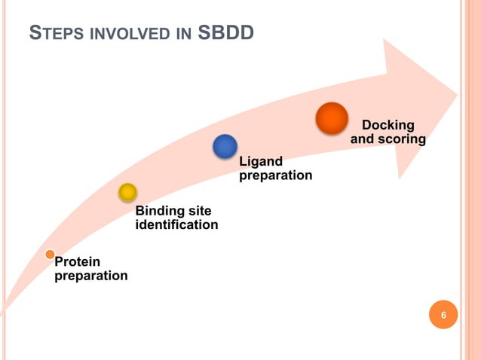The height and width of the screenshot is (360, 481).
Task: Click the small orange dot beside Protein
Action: (50, 255)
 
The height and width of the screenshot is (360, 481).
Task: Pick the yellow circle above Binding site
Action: (127, 193)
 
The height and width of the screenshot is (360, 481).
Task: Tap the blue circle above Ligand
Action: (225, 146)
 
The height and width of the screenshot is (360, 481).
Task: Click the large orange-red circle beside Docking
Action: (331, 118)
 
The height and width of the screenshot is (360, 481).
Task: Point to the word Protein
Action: (78, 262)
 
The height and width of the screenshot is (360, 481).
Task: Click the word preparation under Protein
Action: (91, 276)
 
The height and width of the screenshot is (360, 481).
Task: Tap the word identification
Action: (176, 224)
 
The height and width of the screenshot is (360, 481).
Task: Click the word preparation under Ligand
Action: (275, 175)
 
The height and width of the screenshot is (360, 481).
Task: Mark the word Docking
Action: (388, 125)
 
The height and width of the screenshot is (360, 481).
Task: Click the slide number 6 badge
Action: (443, 315)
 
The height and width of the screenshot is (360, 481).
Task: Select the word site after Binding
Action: (201, 211)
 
